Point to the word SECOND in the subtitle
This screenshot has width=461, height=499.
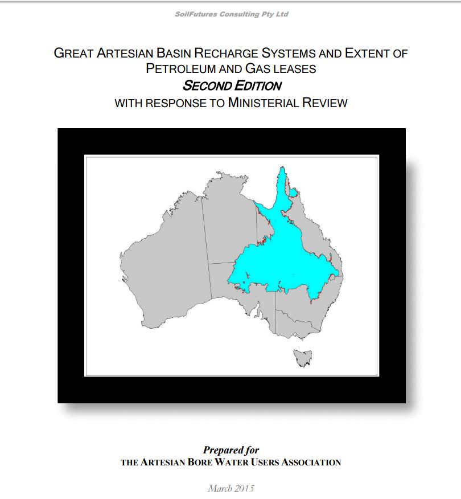[x=205, y=86]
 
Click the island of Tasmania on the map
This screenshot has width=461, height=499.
[x=300, y=357]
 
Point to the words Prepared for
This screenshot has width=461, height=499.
[x=231, y=450]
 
